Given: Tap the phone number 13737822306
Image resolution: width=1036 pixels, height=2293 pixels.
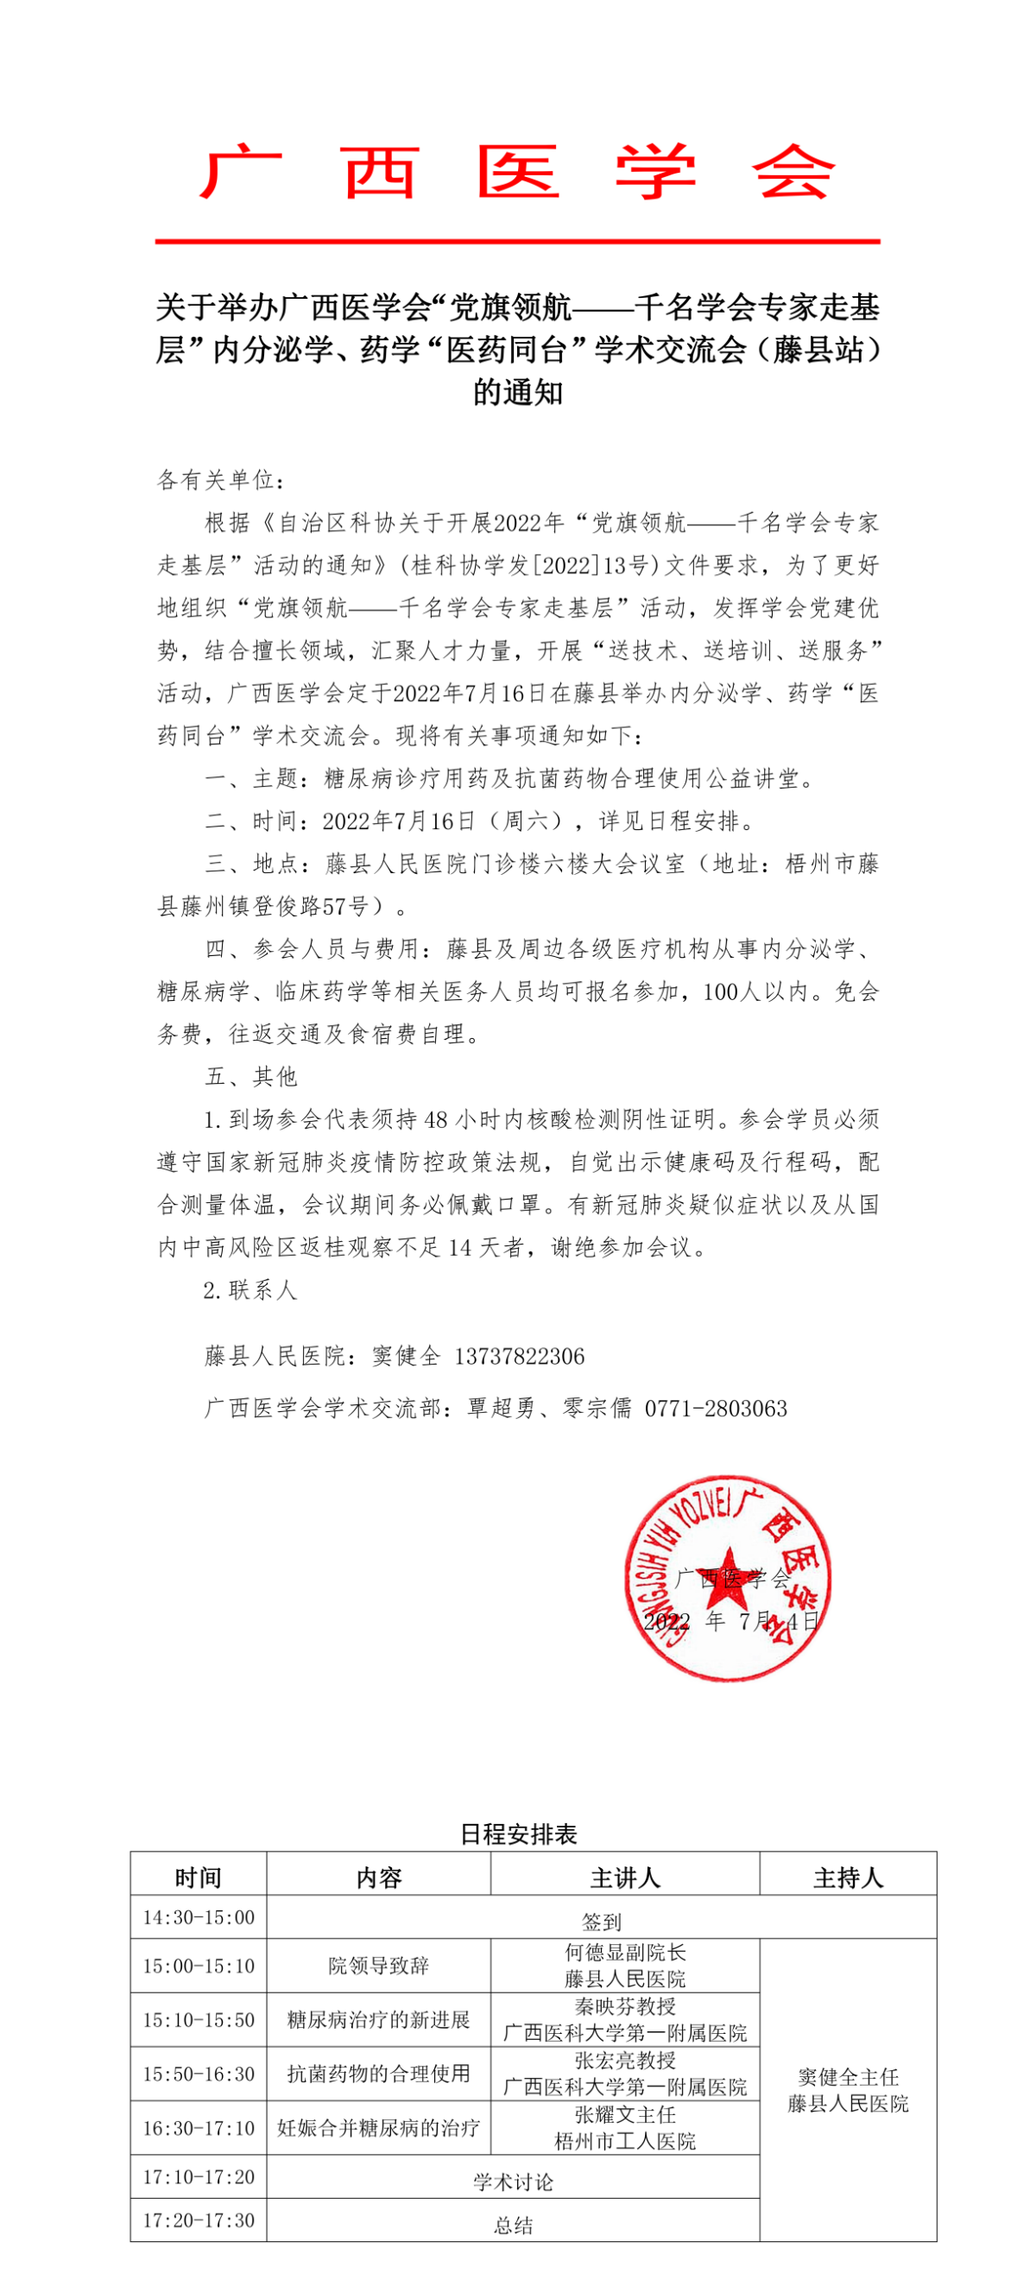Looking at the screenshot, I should pyautogui.click(x=519, y=1357).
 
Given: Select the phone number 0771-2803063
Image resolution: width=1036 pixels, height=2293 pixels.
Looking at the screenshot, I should pyautogui.click(x=716, y=1409).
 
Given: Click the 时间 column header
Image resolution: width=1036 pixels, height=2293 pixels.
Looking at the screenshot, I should pyautogui.click(x=199, y=1878).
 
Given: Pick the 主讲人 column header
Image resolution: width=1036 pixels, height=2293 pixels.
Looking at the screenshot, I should pyautogui.click(x=625, y=1878).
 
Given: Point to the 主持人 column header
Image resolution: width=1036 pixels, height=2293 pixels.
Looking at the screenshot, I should pyautogui.click(x=847, y=1878).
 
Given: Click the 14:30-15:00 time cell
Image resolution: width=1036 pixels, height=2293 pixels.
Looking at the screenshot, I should pyautogui.click(x=199, y=1917).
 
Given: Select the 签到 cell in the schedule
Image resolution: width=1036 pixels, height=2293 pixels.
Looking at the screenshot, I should pyautogui.click(x=602, y=1921).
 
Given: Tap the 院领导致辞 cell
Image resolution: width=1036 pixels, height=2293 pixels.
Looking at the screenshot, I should pyautogui.click(x=378, y=1966).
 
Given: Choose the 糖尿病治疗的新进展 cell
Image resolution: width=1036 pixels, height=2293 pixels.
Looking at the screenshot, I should pyautogui.click(x=378, y=2020).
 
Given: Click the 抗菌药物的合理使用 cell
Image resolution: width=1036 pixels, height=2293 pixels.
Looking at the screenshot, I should pyautogui.click(x=378, y=2074).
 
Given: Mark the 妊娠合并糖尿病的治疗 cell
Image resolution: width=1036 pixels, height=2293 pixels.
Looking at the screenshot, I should pyautogui.click(x=378, y=2128).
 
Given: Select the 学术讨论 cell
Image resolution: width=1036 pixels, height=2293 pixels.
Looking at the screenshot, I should pyautogui.click(x=513, y=2182).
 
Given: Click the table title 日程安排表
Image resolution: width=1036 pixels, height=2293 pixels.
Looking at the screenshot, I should pyautogui.click(x=519, y=1834).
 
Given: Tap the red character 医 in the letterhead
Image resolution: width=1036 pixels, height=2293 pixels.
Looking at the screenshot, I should pyautogui.click(x=518, y=172).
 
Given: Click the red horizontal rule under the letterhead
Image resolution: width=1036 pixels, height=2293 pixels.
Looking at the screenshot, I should pyautogui.click(x=518, y=240).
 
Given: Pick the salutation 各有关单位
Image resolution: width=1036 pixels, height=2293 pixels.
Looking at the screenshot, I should pyautogui.click(x=220, y=481).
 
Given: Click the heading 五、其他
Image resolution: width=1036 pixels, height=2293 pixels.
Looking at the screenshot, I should pyautogui.click(x=251, y=1077).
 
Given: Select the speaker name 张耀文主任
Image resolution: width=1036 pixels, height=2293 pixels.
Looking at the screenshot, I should pyautogui.click(x=625, y=2115).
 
